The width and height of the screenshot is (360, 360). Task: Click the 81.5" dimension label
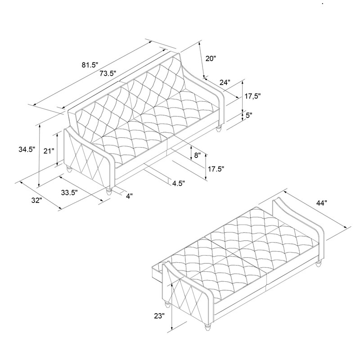coord(90,65)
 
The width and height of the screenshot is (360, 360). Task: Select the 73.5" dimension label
coord(108,73)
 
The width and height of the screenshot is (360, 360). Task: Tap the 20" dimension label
coord(211,58)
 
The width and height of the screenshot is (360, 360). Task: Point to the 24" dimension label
coord(225,82)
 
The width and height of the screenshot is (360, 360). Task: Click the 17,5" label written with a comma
coord(252,96)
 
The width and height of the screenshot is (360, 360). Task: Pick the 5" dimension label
coord(249,115)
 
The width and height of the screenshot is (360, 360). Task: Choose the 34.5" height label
coord(27,149)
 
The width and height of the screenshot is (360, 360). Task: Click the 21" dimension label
coord(49,151)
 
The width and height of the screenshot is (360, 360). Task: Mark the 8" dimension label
coord(198,155)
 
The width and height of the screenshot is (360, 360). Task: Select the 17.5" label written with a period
coord(216,169)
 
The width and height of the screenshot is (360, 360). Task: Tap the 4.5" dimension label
coord(178,184)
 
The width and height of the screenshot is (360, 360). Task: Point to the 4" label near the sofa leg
coord(129,196)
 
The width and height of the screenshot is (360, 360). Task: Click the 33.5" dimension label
coord(69,193)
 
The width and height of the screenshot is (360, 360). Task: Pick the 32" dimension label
coord(37,200)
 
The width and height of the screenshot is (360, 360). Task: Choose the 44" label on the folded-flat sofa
coord(321,203)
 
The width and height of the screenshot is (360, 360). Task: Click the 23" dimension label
coord(159,316)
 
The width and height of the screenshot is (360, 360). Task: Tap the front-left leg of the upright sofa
coord(69,169)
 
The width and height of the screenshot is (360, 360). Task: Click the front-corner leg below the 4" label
coord(108,191)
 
